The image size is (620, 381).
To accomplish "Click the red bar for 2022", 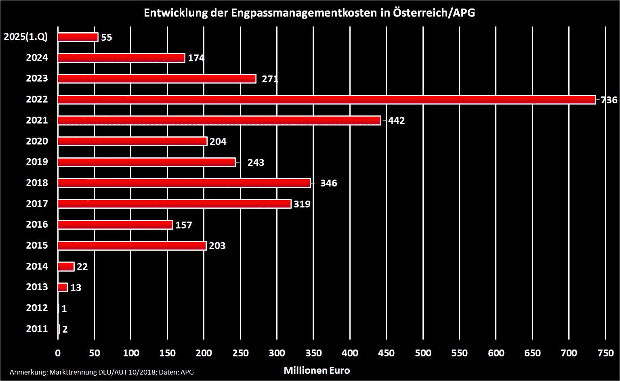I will pyautogui.click(x=326, y=100).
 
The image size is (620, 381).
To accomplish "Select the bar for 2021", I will pyautogui.click(x=219, y=120).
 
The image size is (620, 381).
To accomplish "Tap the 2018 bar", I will pyautogui.click(x=184, y=183).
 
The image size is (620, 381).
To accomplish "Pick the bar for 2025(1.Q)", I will pyautogui.click(x=78, y=37).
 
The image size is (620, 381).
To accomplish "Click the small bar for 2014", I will pyautogui.click(x=66, y=266).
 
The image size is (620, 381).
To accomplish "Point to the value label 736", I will pyautogui.click(x=609, y=100).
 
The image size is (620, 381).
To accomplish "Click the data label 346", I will pyautogui.click(x=328, y=183).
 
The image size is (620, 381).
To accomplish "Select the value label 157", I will pyautogui.click(x=184, y=225).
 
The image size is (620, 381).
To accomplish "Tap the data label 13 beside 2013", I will pyautogui.click(x=76, y=288).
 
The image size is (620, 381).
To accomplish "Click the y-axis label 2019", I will pyautogui.click(x=37, y=162).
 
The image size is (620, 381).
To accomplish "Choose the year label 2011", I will pyautogui.click(x=37, y=329).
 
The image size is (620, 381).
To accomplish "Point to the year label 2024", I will pyautogui.click(x=37, y=58).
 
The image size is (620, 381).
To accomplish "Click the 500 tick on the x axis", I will pyautogui.click(x=423, y=353).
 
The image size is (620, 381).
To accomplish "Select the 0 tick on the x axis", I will pyautogui.click(x=58, y=353).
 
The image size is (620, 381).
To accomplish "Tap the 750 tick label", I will pyautogui.click(x=605, y=353).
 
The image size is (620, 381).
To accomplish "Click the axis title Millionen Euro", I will pyautogui.click(x=317, y=371).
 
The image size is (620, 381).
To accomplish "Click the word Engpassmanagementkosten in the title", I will pyautogui.click(x=304, y=13).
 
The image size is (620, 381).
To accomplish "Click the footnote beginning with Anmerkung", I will pyautogui.click(x=101, y=372).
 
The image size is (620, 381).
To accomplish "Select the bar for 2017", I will pyautogui.click(x=174, y=204).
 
